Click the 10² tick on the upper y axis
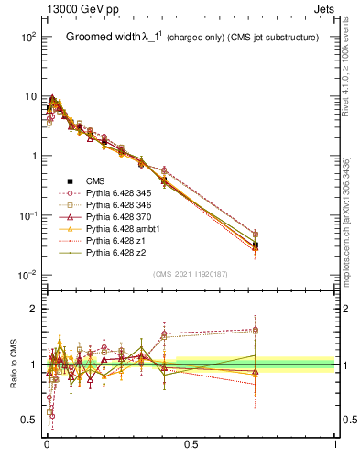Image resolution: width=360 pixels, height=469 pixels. click(x=27, y=37)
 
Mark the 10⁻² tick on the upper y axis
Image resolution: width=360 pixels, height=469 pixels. click(x=27, y=275)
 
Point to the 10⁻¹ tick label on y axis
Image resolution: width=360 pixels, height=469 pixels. click(x=27, y=215)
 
